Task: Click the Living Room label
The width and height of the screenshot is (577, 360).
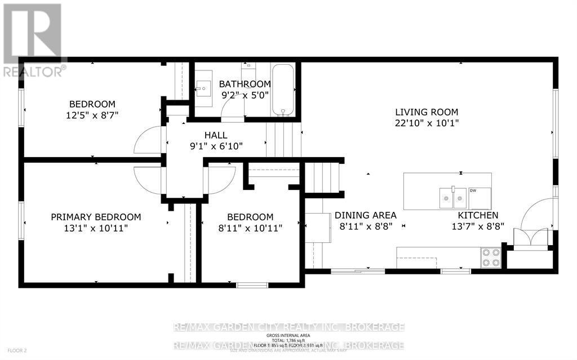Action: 427,112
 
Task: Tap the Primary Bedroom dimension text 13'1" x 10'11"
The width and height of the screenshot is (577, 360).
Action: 96,228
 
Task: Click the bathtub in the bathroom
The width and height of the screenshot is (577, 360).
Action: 283,90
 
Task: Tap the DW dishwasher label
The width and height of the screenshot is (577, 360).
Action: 473,190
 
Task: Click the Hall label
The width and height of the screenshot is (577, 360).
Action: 216,135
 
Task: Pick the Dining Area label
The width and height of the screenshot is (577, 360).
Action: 366,215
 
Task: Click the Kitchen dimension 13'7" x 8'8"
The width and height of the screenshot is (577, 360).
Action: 477,226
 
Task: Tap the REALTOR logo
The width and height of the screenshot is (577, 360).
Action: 33,40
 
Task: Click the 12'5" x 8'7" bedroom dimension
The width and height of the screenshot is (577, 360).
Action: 92,115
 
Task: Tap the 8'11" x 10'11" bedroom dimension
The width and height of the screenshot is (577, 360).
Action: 250,228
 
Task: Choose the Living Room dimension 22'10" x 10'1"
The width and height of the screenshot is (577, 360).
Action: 427,123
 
